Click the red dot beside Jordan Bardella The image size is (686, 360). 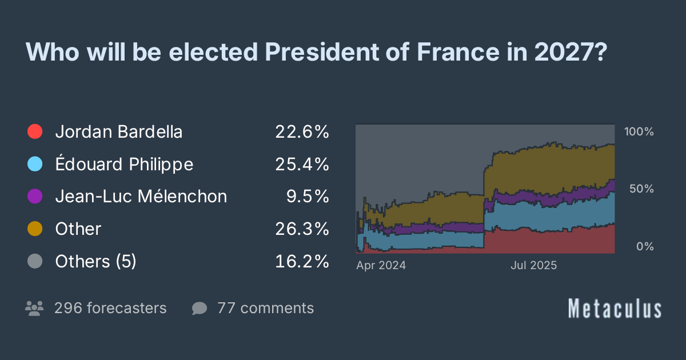click(x=35, y=132)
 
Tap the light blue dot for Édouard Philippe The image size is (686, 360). click(x=35, y=165)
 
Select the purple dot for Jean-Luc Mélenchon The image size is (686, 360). click(x=35, y=197)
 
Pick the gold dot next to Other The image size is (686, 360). click(x=35, y=229)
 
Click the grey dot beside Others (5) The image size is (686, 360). click(x=35, y=262)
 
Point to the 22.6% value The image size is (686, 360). click(x=302, y=132)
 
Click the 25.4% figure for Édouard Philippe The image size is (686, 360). click(x=302, y=165)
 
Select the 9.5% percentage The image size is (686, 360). click(x=308, y=197)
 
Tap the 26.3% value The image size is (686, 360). click(x=302, y=229)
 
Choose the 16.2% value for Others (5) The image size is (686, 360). click(x=302, y=262)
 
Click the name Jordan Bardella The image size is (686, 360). click(x=119, y=132)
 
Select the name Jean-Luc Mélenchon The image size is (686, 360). click(x=141, y=197)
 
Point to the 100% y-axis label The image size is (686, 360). click(x=639, y=131)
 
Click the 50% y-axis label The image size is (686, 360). click(x=641, y=189)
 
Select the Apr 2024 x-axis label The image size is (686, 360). click(x=381, y=266)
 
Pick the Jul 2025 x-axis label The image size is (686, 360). click(x=533, y=266)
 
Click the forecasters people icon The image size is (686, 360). click(x=35, y=309)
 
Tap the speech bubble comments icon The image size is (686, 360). click(x=200, y=309)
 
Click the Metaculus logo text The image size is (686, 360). click(x=615, y=309)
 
